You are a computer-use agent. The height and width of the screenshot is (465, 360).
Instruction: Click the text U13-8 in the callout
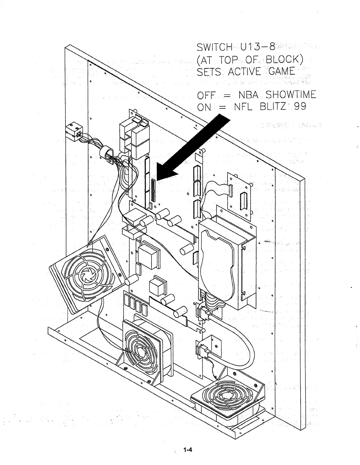256,47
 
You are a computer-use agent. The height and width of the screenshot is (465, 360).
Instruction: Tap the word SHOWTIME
291,95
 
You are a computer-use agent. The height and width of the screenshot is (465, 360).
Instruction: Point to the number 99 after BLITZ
298,107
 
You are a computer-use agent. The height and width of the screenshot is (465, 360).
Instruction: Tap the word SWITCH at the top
214,48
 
